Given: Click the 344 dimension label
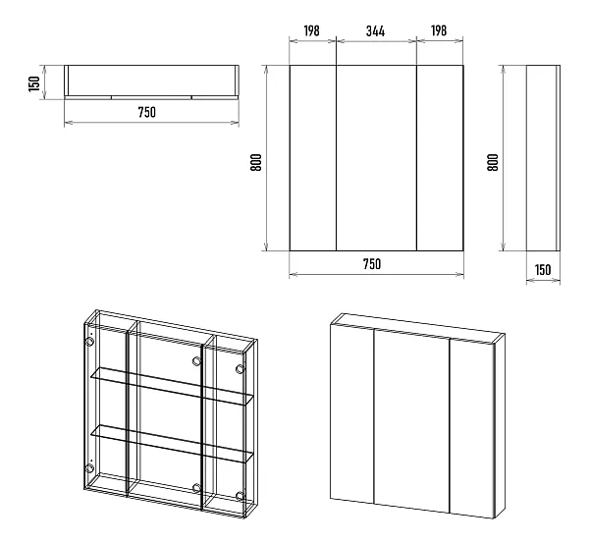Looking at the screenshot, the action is (375, 30).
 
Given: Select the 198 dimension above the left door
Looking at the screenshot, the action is (312, 30).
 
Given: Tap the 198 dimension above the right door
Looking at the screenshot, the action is (439, 30).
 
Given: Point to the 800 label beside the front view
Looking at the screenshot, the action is (256, 162).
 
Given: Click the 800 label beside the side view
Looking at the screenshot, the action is (493, 162).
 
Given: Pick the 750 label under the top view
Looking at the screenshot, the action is (147, 112).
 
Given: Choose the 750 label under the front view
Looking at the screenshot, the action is (372, 264).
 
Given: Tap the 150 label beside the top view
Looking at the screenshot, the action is (34, 83).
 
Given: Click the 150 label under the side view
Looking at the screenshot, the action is (543, 270).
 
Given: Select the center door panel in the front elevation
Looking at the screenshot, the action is (376, 158).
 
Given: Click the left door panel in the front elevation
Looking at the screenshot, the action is (312, 158).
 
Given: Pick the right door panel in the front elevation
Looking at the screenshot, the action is (440, 158).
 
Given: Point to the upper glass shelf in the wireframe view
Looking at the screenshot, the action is (173, 386).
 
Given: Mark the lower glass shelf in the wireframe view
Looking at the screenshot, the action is (173, 444).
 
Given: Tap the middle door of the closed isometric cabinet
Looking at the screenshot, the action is (412, 421).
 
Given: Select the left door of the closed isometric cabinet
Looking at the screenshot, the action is (352, 413).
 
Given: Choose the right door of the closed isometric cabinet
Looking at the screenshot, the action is (472, 428).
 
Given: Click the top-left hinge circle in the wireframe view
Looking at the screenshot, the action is (89, 342).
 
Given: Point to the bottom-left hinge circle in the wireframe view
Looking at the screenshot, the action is (89, 468).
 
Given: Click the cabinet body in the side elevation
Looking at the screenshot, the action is (543, 158).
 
